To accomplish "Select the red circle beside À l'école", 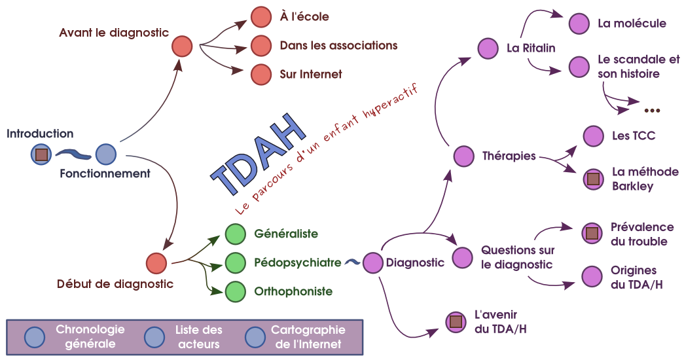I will pyautogui.click(x=261, y=16).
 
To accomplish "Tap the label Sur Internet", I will pyautogui.click(x=310, y=75).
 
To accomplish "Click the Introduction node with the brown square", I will pyautogui.click(x=41, y=154).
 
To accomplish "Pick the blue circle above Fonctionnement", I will pyautogui.click(x=106, y=154).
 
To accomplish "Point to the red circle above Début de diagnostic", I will pyautogui.click(x=156, y=263).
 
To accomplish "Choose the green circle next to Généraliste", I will pyautogui.click(x=235, y=234).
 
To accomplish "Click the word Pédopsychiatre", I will pyautogui.click(x=297, y=262).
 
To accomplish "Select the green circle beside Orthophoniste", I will pyautogui.click(x=235, y=292).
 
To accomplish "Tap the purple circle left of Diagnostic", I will pyautogui.click(x=372, y=262).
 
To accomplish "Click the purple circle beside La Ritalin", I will pyautogui.click(x=488, y=48).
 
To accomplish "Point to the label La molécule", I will pyautogui.click(x=632, y=24).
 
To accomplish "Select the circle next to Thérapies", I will pyautogui.click(x=463, y=156).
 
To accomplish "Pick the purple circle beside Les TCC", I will pyautogui.click(x=593, y=136).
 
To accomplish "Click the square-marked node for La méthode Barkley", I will pyautogui.click(x=593, y=179).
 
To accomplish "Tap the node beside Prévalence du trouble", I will pyautogui.click(x=592, y=233).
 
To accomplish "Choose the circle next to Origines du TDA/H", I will pyautogui.click(x=592, y=276).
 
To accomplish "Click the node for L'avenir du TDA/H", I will pyautogui.click(x=455, y=321).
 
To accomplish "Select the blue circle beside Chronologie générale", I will pyautogui.click(x=34, y=336).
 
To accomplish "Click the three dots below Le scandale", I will pyautogui.click(x=653, y=109).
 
